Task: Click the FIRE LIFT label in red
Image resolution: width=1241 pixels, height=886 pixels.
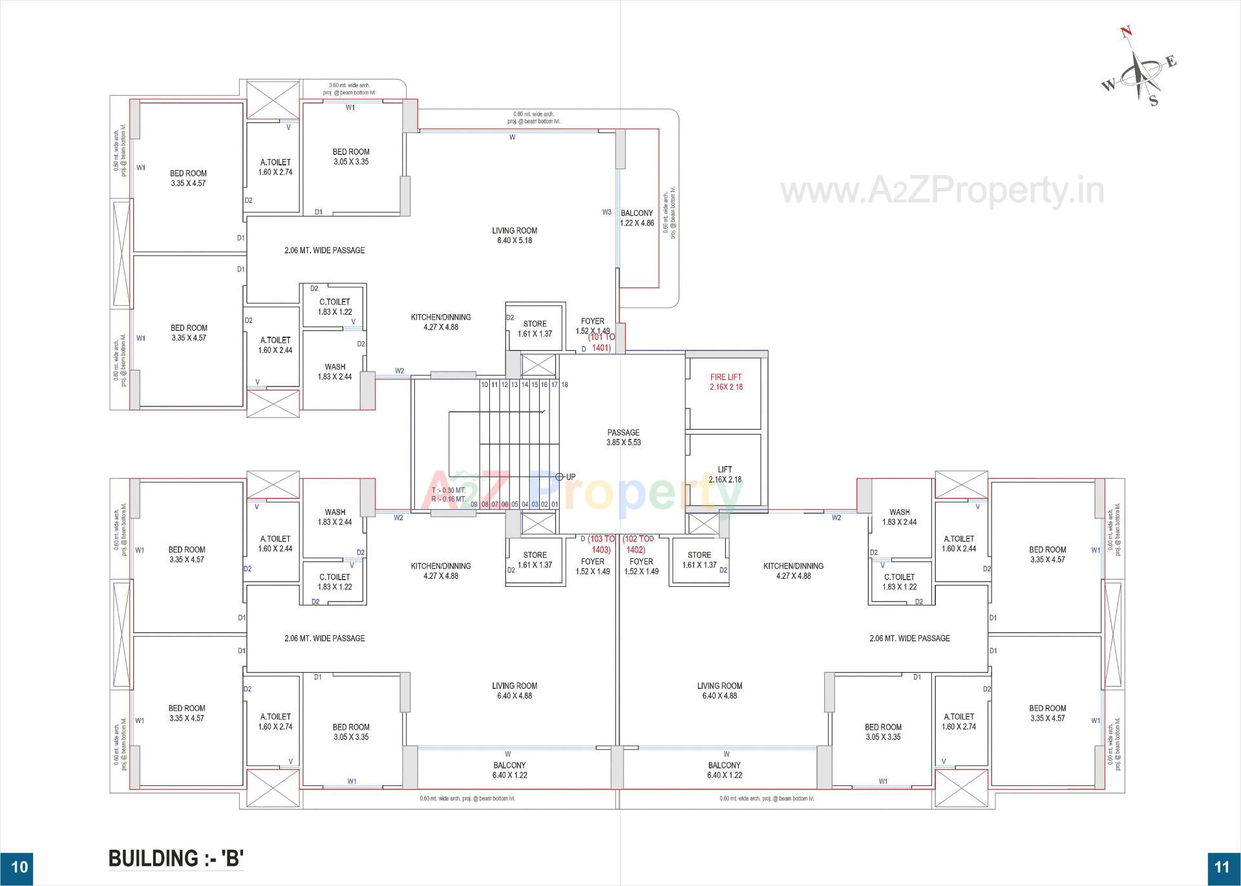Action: point(726,377)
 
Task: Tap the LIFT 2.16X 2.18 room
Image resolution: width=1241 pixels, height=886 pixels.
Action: point(725,474)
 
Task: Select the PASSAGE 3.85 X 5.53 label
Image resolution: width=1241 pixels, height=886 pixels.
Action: point(623,438)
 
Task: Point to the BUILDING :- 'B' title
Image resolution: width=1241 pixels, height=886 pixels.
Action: point(176,858)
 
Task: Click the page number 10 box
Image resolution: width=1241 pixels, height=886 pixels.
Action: point(19,867)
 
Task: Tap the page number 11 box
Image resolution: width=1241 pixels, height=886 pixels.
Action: point(1222,867)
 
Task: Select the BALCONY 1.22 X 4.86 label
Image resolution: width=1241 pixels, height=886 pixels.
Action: point(637,218)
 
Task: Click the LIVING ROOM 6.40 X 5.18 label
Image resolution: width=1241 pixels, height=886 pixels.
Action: point(514,235)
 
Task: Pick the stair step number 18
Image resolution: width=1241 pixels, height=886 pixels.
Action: point(564,385)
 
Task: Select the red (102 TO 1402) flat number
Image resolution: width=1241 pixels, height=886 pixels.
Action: point(637,544)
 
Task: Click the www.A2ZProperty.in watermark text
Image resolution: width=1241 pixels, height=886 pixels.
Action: point(942,191)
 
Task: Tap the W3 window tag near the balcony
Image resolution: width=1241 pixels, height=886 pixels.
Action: point(606,212)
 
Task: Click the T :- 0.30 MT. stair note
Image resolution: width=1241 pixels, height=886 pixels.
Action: point(449,490)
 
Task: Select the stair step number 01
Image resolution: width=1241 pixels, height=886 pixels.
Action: point(555,504)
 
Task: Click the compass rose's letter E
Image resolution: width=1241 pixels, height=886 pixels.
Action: point(1171,62)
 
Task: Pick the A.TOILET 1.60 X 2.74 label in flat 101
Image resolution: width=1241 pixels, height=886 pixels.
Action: point(275,167)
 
